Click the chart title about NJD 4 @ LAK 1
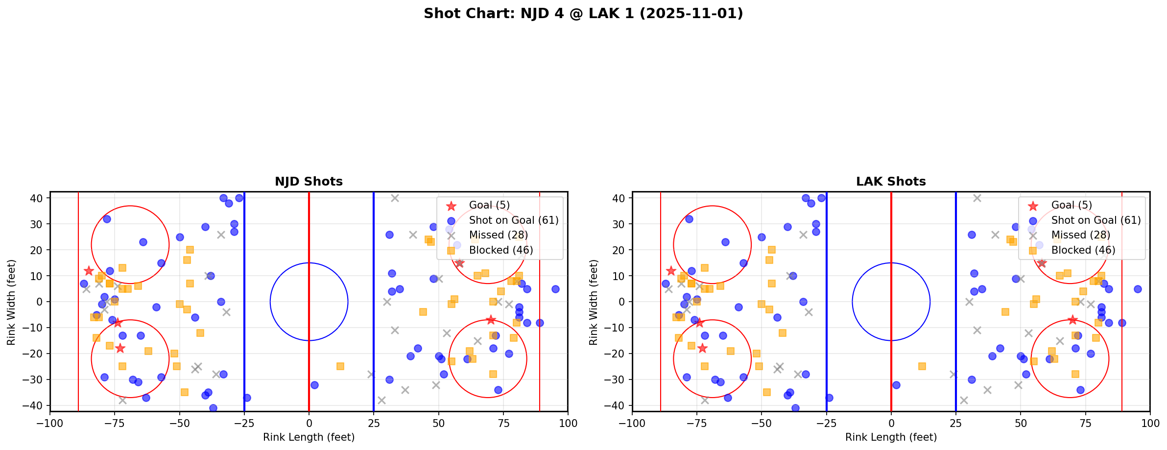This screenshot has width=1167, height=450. click(583, 13)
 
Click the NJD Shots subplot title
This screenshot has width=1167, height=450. click(309, 182)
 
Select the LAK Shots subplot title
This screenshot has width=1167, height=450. click(891, 182)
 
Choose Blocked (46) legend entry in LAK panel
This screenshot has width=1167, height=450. click(1083, 250)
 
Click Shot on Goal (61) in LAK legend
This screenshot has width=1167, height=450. click(1096, 220)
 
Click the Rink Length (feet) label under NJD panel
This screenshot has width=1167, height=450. click(309, 437)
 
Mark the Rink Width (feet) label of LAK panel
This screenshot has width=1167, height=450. click(594, 302)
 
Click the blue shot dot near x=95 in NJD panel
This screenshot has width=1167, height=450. click(555, 289)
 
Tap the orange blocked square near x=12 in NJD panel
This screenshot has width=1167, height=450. click(340, 366)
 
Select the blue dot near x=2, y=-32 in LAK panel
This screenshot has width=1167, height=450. click(896, 385)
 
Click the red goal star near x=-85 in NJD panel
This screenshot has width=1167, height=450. click(89, 271)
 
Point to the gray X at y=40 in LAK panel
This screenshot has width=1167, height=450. click(977, 198)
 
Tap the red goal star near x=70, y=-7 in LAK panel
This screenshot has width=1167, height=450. click(1072, 320)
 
